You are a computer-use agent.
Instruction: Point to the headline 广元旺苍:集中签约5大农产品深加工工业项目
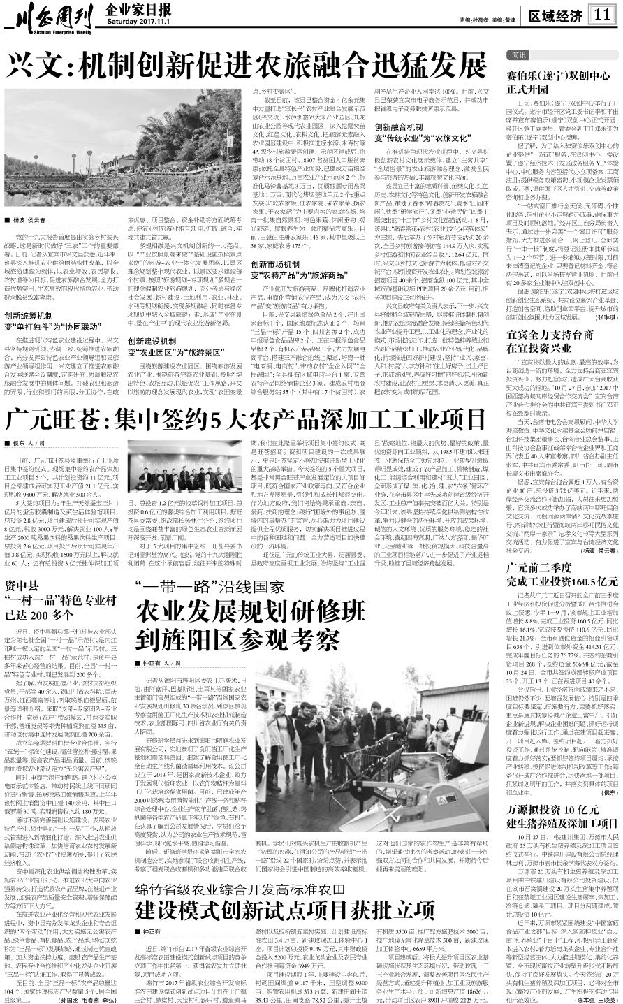click(244, 420)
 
